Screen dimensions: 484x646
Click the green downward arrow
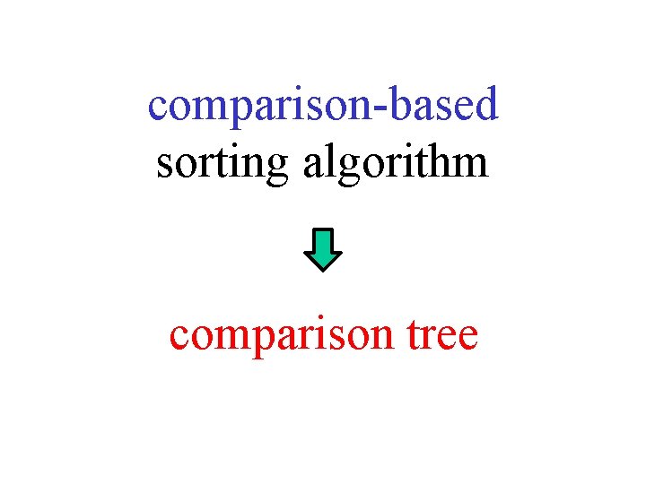323,249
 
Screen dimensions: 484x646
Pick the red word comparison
278,337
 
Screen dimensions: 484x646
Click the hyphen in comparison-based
376,108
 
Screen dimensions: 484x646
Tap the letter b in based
396,103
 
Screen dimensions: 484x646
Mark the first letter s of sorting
163,166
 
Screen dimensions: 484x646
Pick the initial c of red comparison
179,339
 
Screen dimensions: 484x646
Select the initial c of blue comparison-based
157,108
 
